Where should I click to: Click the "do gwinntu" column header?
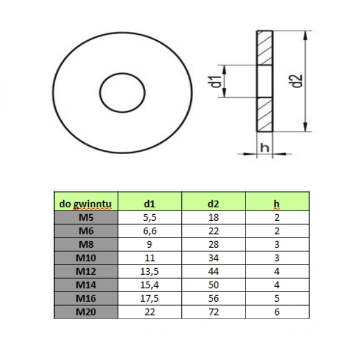(85, 204)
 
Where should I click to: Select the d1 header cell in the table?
(149, 204)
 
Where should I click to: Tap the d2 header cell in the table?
(213, 204)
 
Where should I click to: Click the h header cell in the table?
(277, 204)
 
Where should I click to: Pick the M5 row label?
(86, 217)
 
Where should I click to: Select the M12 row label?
(86, 271)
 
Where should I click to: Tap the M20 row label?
(86, 312)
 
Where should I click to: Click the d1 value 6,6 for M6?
(150, 231)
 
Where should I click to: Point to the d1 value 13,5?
(149, 271)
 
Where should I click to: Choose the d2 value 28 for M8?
(214, 245)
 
